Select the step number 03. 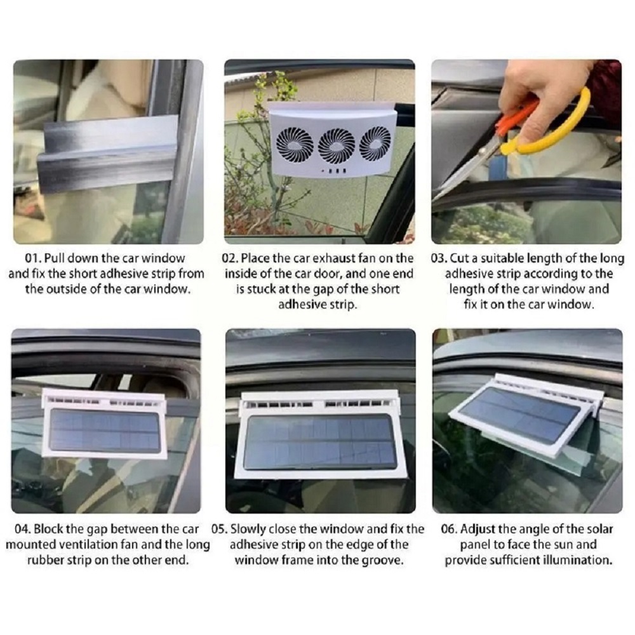(439, 258)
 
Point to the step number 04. (23, 530)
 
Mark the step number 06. (450, 530)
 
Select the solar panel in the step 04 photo (105, 431)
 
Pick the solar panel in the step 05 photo (320, 442)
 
